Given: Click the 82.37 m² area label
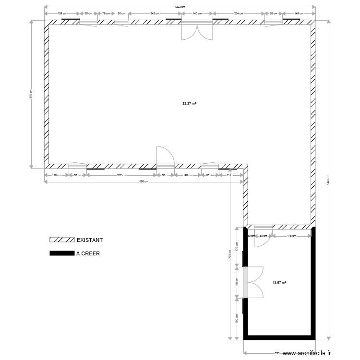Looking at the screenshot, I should pos(190,103).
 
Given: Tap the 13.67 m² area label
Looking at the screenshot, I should pos(279,283).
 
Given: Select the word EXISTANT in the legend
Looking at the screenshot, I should pos(90,240).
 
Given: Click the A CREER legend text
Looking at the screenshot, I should pos(88,253).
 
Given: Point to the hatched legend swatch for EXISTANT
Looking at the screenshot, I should pos(62,240).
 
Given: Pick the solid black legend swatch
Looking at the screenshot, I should pos(62,253).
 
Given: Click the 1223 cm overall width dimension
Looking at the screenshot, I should pos(180,7).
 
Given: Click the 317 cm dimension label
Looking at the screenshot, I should pos(121,175).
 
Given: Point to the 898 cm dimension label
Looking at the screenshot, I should pos(144,182).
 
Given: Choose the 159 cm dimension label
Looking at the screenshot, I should pos(62,14).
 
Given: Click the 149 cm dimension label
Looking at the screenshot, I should pos(298,14).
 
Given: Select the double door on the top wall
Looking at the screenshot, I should pos(197,30).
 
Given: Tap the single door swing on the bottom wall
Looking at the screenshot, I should pos(165,156).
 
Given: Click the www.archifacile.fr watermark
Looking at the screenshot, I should pos(307,353).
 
